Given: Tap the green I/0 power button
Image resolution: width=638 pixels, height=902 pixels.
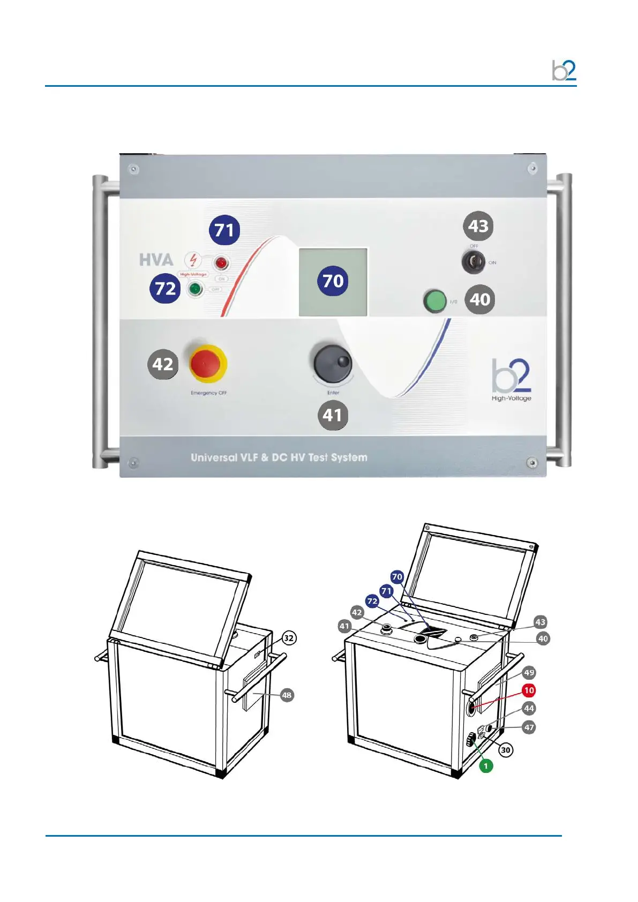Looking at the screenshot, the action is click(434, 301).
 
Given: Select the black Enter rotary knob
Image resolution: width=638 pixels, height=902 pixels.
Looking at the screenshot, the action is click(332, 363).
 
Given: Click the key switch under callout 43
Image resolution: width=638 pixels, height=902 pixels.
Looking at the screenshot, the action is click(473, 262).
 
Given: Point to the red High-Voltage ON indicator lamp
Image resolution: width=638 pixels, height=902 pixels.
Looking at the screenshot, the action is click(220, 262).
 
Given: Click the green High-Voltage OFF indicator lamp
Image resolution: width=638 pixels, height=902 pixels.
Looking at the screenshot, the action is click(194, 289).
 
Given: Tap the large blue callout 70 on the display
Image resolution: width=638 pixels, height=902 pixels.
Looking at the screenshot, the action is click(333, 281).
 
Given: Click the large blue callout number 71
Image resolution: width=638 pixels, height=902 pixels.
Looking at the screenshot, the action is click(224, 230).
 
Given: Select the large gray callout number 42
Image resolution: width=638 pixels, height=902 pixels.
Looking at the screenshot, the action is click(163, 364).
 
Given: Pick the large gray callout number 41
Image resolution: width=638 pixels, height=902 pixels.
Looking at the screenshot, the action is click(333, 415).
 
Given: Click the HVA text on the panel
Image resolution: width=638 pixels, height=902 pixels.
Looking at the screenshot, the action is click(156, 260).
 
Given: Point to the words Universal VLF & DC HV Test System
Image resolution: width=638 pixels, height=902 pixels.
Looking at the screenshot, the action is click(279, 457).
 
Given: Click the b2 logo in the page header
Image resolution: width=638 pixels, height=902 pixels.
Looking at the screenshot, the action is click(564, 71).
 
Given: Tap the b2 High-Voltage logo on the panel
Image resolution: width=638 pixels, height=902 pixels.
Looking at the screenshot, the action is click(512, 380).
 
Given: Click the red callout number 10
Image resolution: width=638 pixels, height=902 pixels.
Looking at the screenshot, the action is click(529, 690).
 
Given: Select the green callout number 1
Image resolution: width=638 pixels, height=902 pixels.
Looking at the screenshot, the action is click(486, 766).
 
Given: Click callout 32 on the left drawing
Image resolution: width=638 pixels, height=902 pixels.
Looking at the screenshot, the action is click(289, 638).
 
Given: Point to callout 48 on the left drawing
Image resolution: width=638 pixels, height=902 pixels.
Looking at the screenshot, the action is click(287, 695).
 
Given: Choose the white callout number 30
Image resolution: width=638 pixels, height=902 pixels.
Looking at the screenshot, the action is click(506, 750).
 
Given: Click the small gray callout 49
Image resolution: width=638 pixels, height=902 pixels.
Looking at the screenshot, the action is click(529, 672).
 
